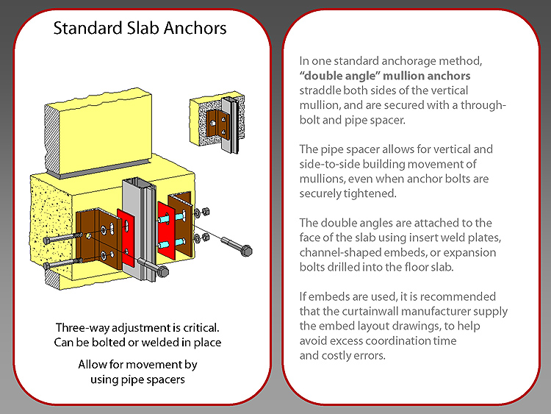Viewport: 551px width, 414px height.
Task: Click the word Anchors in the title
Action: pyautogui.click(x=195, y=28)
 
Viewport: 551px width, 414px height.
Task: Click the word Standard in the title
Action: pyautogui.click(x=88, y=28)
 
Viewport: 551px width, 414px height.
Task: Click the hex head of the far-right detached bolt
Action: pyautogui.click(x=247, y=251)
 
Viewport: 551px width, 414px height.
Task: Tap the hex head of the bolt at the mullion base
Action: pyautogui.click(x=163, y=271)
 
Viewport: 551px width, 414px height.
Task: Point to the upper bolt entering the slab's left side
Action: pyautogui.click(x=62, y=238)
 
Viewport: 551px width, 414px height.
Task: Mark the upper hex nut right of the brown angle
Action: pyautogui.click(x=206, y=211)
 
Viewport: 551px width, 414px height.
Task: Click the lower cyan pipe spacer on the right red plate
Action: pyautogui.click(x=172, y=243)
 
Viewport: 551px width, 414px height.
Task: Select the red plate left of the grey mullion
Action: pyautogui.click(x=126, y=238)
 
